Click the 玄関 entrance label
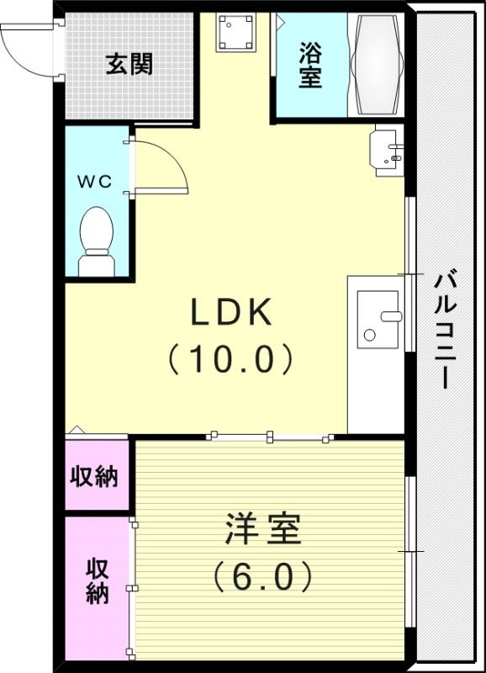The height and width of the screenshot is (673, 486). click(x=129, y=64)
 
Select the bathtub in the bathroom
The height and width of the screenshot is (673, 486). click(x=376, y=65)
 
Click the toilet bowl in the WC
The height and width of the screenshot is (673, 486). click(x=96, y=240)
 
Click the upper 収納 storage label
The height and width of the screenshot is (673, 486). click(x=93, y=477)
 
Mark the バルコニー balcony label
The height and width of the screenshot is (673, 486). click(x=446, y=328)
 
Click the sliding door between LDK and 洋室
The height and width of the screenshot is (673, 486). click(x=269, y=436)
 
